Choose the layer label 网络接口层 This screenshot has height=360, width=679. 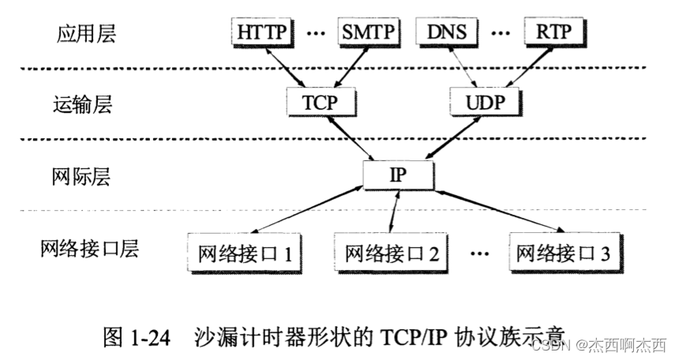89,249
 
